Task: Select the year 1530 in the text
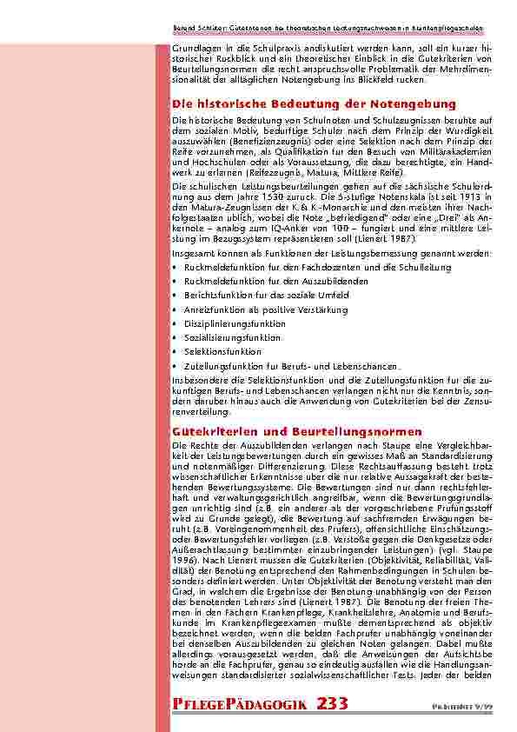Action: [263, 197]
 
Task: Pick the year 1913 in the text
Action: [485, 197]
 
